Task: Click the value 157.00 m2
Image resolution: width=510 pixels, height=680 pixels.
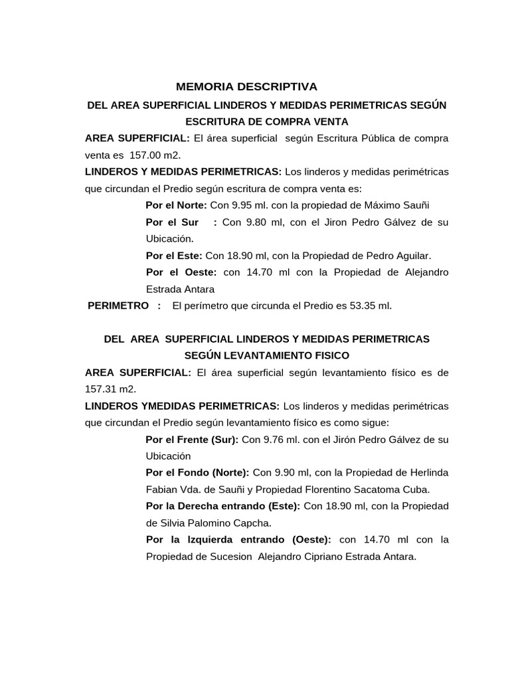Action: coord(155,155)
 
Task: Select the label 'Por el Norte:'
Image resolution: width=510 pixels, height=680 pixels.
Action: coord(177,205)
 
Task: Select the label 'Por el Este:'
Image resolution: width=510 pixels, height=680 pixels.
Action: coord(175,256)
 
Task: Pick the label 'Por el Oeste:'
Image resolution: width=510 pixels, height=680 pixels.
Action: coord(181,272)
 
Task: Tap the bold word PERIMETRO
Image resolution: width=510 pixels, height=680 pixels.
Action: coord(118,305)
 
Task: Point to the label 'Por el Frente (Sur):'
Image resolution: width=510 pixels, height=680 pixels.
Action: coord(193,440)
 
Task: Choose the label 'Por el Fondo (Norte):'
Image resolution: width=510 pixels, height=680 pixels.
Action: coord(197,473)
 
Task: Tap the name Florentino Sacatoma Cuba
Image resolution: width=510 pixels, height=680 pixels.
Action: coord(372,490)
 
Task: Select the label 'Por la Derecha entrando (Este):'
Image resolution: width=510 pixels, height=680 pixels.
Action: coord(223,507)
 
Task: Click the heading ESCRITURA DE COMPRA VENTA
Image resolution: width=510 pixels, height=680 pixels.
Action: coord(267,122)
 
